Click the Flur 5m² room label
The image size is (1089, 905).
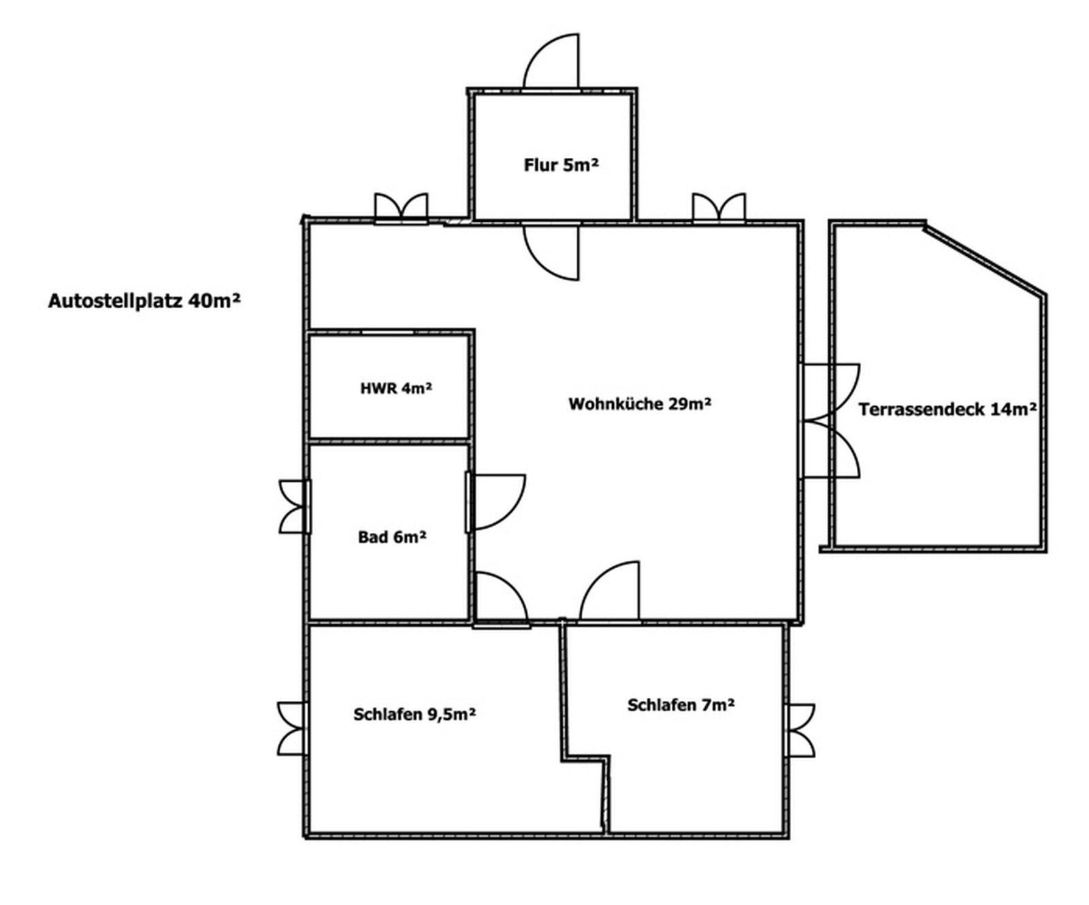coord(561,165)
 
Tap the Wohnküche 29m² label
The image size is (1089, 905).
coord(640,404)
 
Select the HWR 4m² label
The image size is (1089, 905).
coord(396,389)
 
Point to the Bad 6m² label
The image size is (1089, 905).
coord(392,537)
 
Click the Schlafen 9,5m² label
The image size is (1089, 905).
coord(415,714)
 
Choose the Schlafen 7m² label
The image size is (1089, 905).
coord(681,704)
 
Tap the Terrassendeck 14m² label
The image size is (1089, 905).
coord(947,409)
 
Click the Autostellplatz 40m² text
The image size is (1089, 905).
coord(144,300)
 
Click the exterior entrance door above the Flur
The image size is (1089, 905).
coord(551,61)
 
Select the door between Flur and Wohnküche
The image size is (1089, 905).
coord(551,251)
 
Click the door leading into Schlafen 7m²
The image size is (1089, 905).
coord(609,592)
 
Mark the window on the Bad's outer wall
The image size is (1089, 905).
coord(295,506)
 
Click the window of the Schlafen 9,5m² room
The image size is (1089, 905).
coord(293,728)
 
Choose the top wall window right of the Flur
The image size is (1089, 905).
coord(719,208)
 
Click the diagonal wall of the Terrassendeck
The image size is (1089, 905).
coord(984,259)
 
